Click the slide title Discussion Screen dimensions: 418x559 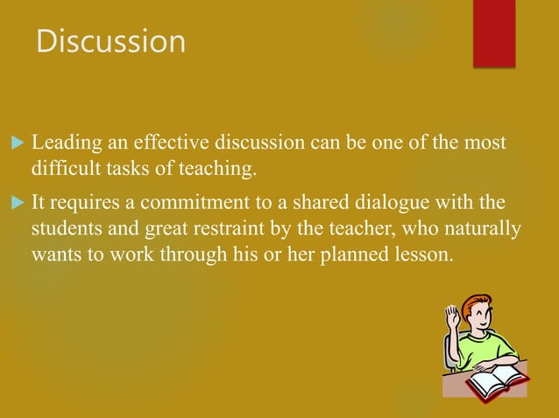point(110,41)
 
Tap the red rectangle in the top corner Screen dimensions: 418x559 point(494,32)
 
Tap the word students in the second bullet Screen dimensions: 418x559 point(63,228)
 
